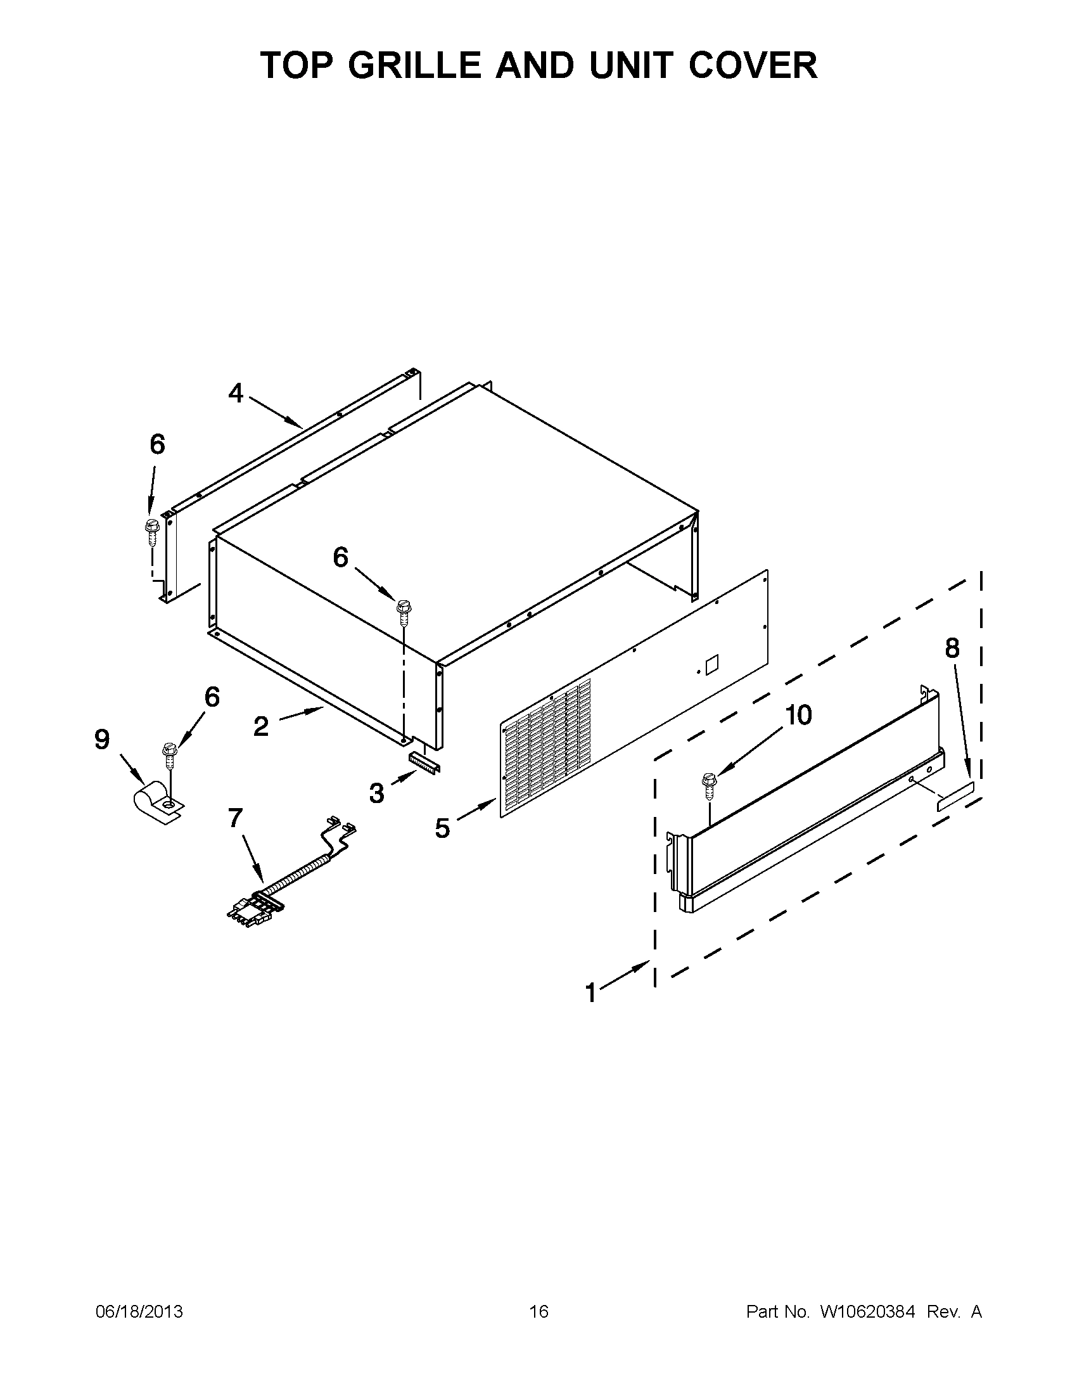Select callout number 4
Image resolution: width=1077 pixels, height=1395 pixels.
pos(236,394)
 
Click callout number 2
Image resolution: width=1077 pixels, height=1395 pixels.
pos(261,726)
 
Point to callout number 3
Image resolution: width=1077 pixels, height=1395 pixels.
pos(377,794)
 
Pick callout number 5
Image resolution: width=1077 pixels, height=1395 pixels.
pos(442,828)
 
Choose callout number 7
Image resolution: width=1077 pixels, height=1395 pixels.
pos(236,818)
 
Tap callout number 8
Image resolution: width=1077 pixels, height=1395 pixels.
pos(952,648)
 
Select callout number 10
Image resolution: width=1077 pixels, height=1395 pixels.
pos(798,716)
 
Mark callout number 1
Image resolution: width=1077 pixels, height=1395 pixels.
pos(591,994)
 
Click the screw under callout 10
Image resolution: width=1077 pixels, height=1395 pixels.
pos(709,786)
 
